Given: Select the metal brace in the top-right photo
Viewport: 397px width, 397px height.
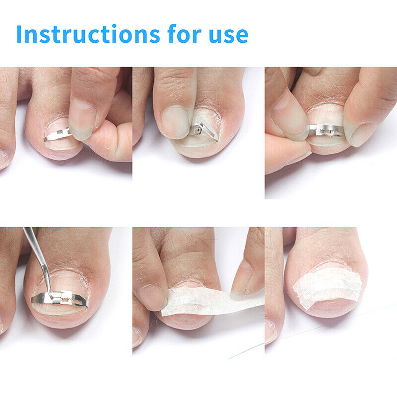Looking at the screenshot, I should (x=326, y=131).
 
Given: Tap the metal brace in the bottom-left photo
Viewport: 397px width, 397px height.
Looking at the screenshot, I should (x=59, y=299).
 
